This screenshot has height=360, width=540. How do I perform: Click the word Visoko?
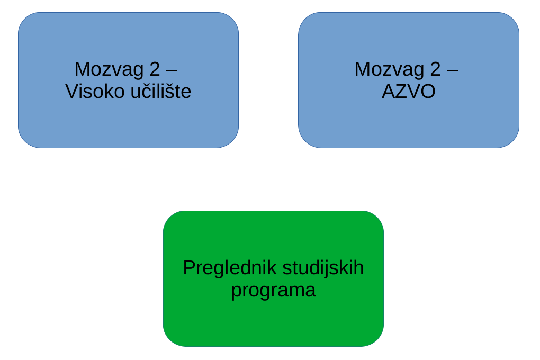click(95, 92)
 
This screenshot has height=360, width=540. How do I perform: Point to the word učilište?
click(161, 92)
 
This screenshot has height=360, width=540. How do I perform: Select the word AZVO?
click(408, 92)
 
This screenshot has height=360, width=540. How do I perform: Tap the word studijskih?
click(323, 268)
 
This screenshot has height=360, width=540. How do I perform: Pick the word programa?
click(273, 290)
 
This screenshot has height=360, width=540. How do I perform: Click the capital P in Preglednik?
click(189, 268)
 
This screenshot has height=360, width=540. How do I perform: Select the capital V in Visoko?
click(71, 92)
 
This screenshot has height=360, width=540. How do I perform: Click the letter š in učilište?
click(170, 92)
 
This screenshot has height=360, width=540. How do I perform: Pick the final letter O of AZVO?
click(428, 92)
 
